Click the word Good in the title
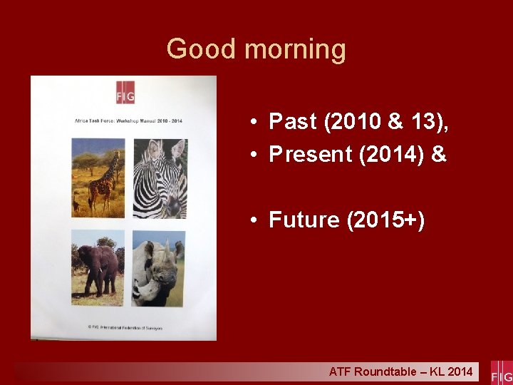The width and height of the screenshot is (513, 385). coord(202,49)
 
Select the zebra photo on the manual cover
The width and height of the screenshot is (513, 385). coord(160,178)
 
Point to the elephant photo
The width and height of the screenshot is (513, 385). coord(98,268)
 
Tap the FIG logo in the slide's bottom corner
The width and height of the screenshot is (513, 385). coord(502,372)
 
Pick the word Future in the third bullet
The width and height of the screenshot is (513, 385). coord(304,220)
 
